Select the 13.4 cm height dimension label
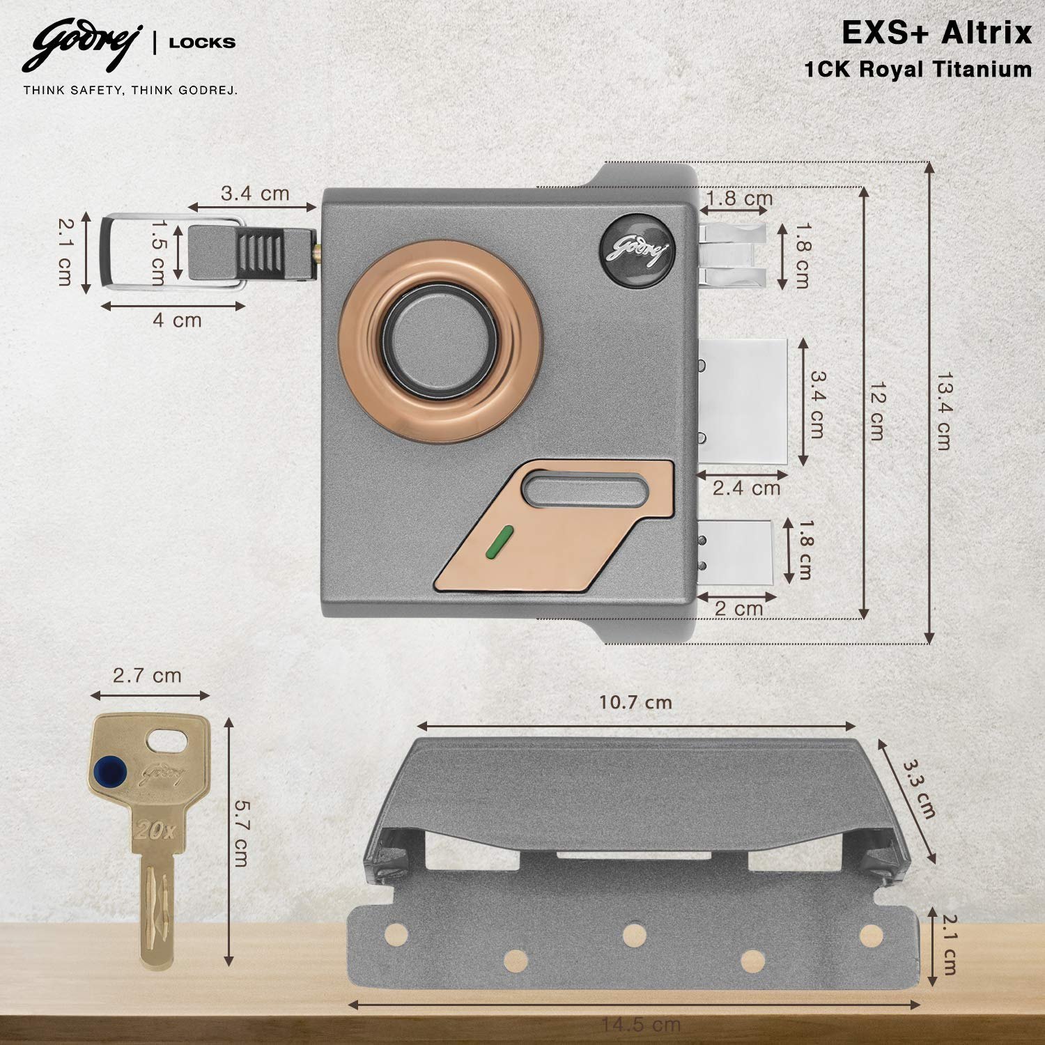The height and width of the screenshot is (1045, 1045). pos(944,410)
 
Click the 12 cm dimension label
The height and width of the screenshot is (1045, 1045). pos(877,410)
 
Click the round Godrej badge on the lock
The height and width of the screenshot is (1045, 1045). pos(637,247)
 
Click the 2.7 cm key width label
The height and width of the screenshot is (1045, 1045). pos(147,675)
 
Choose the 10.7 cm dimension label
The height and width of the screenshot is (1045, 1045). pos(635,702)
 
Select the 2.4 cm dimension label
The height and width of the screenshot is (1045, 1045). pos(746,488)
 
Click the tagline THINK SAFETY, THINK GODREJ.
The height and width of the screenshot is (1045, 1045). pos(130,90)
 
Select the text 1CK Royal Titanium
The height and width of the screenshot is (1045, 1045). pos(918,70)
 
